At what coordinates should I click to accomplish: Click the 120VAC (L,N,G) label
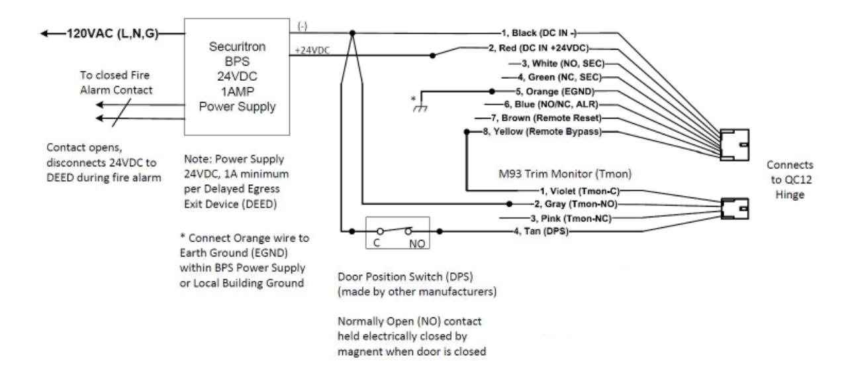[113, 34]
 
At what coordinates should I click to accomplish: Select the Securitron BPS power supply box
[237, 77]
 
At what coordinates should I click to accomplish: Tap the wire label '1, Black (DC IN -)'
[539, 33]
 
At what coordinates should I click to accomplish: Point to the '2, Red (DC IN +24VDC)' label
[538, 48]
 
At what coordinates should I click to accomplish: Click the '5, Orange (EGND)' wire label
[555, 91]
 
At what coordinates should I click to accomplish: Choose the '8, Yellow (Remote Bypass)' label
[542, 132]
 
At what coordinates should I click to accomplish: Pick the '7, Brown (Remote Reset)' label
[546, 118]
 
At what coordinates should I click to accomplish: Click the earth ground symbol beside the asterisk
[420, 108]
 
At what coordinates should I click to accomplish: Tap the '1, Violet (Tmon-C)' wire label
[580, 191]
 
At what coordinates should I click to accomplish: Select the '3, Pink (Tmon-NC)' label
[571, 219]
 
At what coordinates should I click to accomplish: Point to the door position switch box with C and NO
[398, 233]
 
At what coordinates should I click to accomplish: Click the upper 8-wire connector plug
[734, 145]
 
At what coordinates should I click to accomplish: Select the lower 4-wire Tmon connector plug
[735, 209]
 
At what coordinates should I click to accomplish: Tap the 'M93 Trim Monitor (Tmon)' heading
[565, 174]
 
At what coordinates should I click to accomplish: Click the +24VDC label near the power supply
[312, 50]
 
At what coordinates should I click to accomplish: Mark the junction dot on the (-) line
[352, 33]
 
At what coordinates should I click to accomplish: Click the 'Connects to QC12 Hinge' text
[790, 180]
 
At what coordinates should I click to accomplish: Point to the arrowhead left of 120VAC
[44, 34]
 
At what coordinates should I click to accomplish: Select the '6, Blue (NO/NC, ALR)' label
[551, 105]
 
